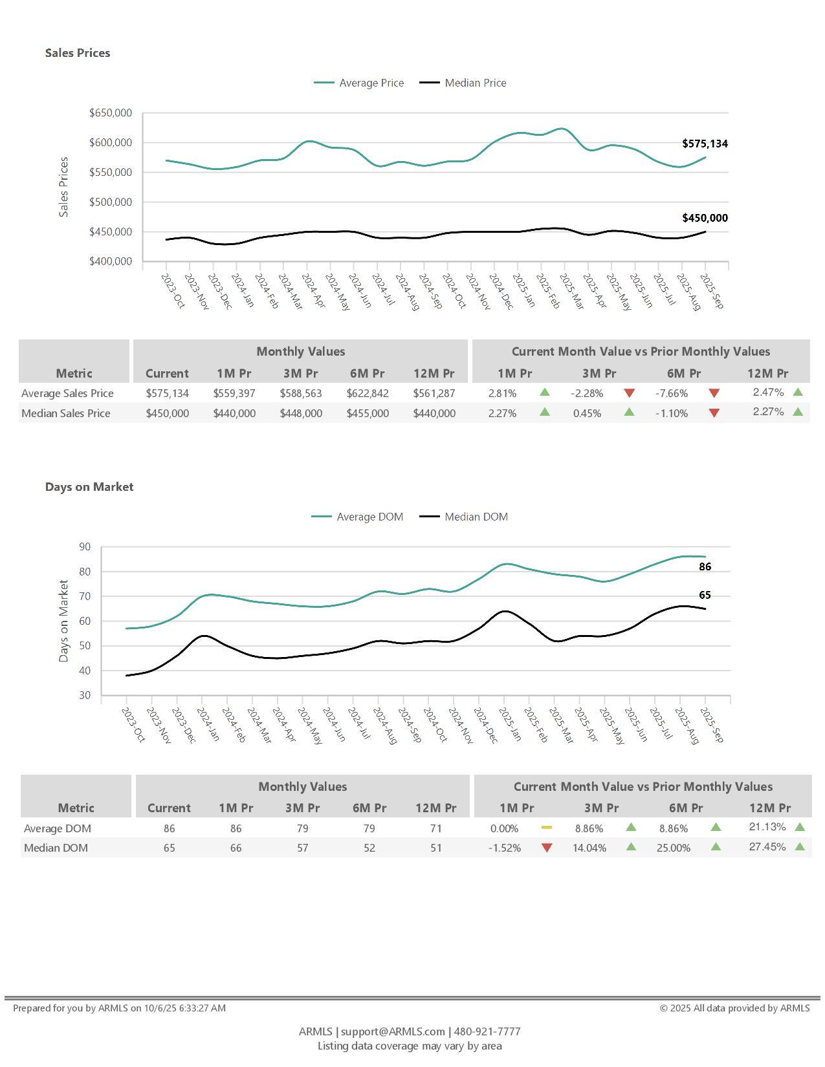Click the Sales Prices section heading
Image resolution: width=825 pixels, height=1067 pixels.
pyautogui.click(x=78, y=53)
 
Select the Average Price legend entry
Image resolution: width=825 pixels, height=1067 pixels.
pyautogui.click(x=371, y=83)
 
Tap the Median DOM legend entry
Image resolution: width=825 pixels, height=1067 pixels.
pyautogui.click(x=476, y=517)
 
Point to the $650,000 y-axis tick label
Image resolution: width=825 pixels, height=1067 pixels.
pyautogui.click(x=111, y=113)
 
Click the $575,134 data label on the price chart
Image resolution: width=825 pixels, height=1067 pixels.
pyautogui.click(x=705, y=144)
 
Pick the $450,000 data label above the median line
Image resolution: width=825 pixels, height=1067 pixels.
pyautogui.click(x=705, y=218)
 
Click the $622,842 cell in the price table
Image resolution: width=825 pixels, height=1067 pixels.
pyautogui.click(x=368, y=393)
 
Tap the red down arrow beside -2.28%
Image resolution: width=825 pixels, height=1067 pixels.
pyautogui.click(x=630, y=393)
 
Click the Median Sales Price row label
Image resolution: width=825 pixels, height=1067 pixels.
pyautogui.click(x=66, y=413)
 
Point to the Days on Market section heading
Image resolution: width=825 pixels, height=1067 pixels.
pyautogui.click(x=89, y=487)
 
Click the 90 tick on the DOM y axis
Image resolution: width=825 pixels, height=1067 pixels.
pyautogui.click(x=85, y=547)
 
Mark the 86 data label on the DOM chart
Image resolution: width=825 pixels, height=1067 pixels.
pyautogui.click(x=705, y=566)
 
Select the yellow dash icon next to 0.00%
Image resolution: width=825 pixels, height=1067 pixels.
pyautogui.click(x=547, y=827)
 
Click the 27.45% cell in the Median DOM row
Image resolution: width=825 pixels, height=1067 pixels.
pyautogui.click(x=767, y=846)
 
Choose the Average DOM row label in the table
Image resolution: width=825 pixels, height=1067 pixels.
pyautogui.click(x=58, y=828)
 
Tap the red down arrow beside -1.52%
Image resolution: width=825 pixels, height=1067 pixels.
pyautogui.click(x=547, y=848)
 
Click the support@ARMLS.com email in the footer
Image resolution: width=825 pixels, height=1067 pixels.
pyautogui.click(x=393, y=1031)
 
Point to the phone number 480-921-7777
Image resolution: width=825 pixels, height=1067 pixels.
pyautogui.click(x=487, y=1031)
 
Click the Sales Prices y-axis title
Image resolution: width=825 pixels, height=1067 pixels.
pyautogui.click(x=63, y=187)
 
